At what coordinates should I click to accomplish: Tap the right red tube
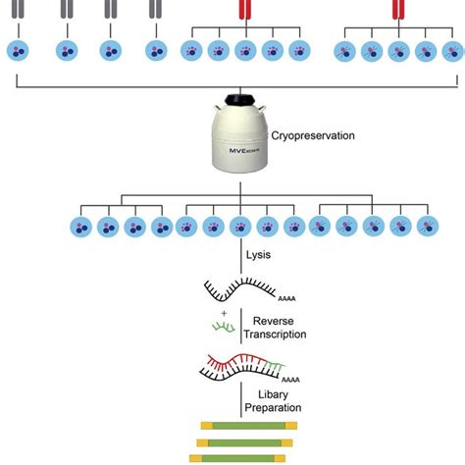pos(397,9)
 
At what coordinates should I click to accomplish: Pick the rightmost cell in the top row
pos(452,50)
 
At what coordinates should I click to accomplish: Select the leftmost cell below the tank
pos(80,227)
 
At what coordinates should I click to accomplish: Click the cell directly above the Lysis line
pos(238,227)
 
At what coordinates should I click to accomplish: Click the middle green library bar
pos(241,442)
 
